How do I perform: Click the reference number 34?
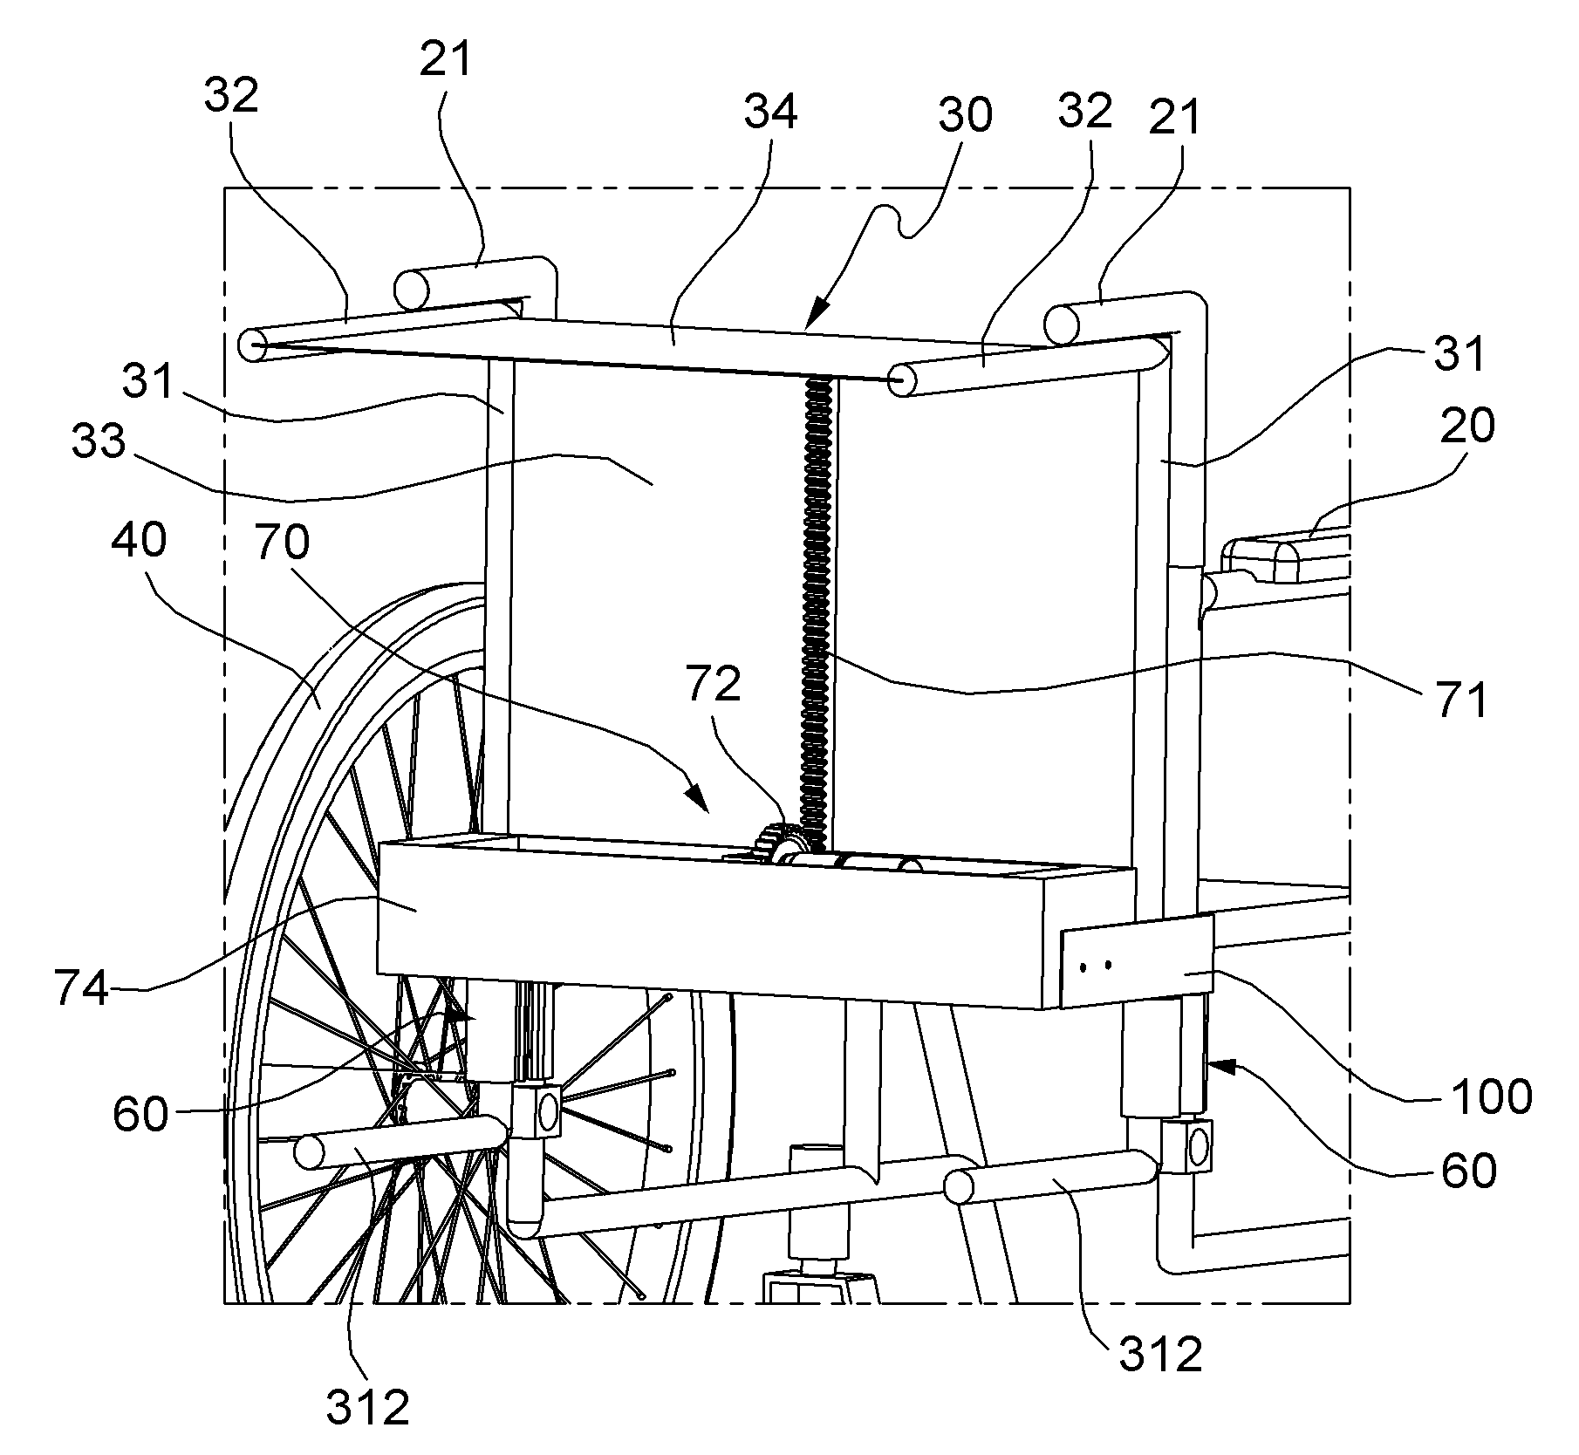coord(771,113)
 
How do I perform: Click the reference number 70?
coord(282,543)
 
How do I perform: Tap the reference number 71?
coord(1459,700)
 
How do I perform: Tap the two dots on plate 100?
coord(1097,966)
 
